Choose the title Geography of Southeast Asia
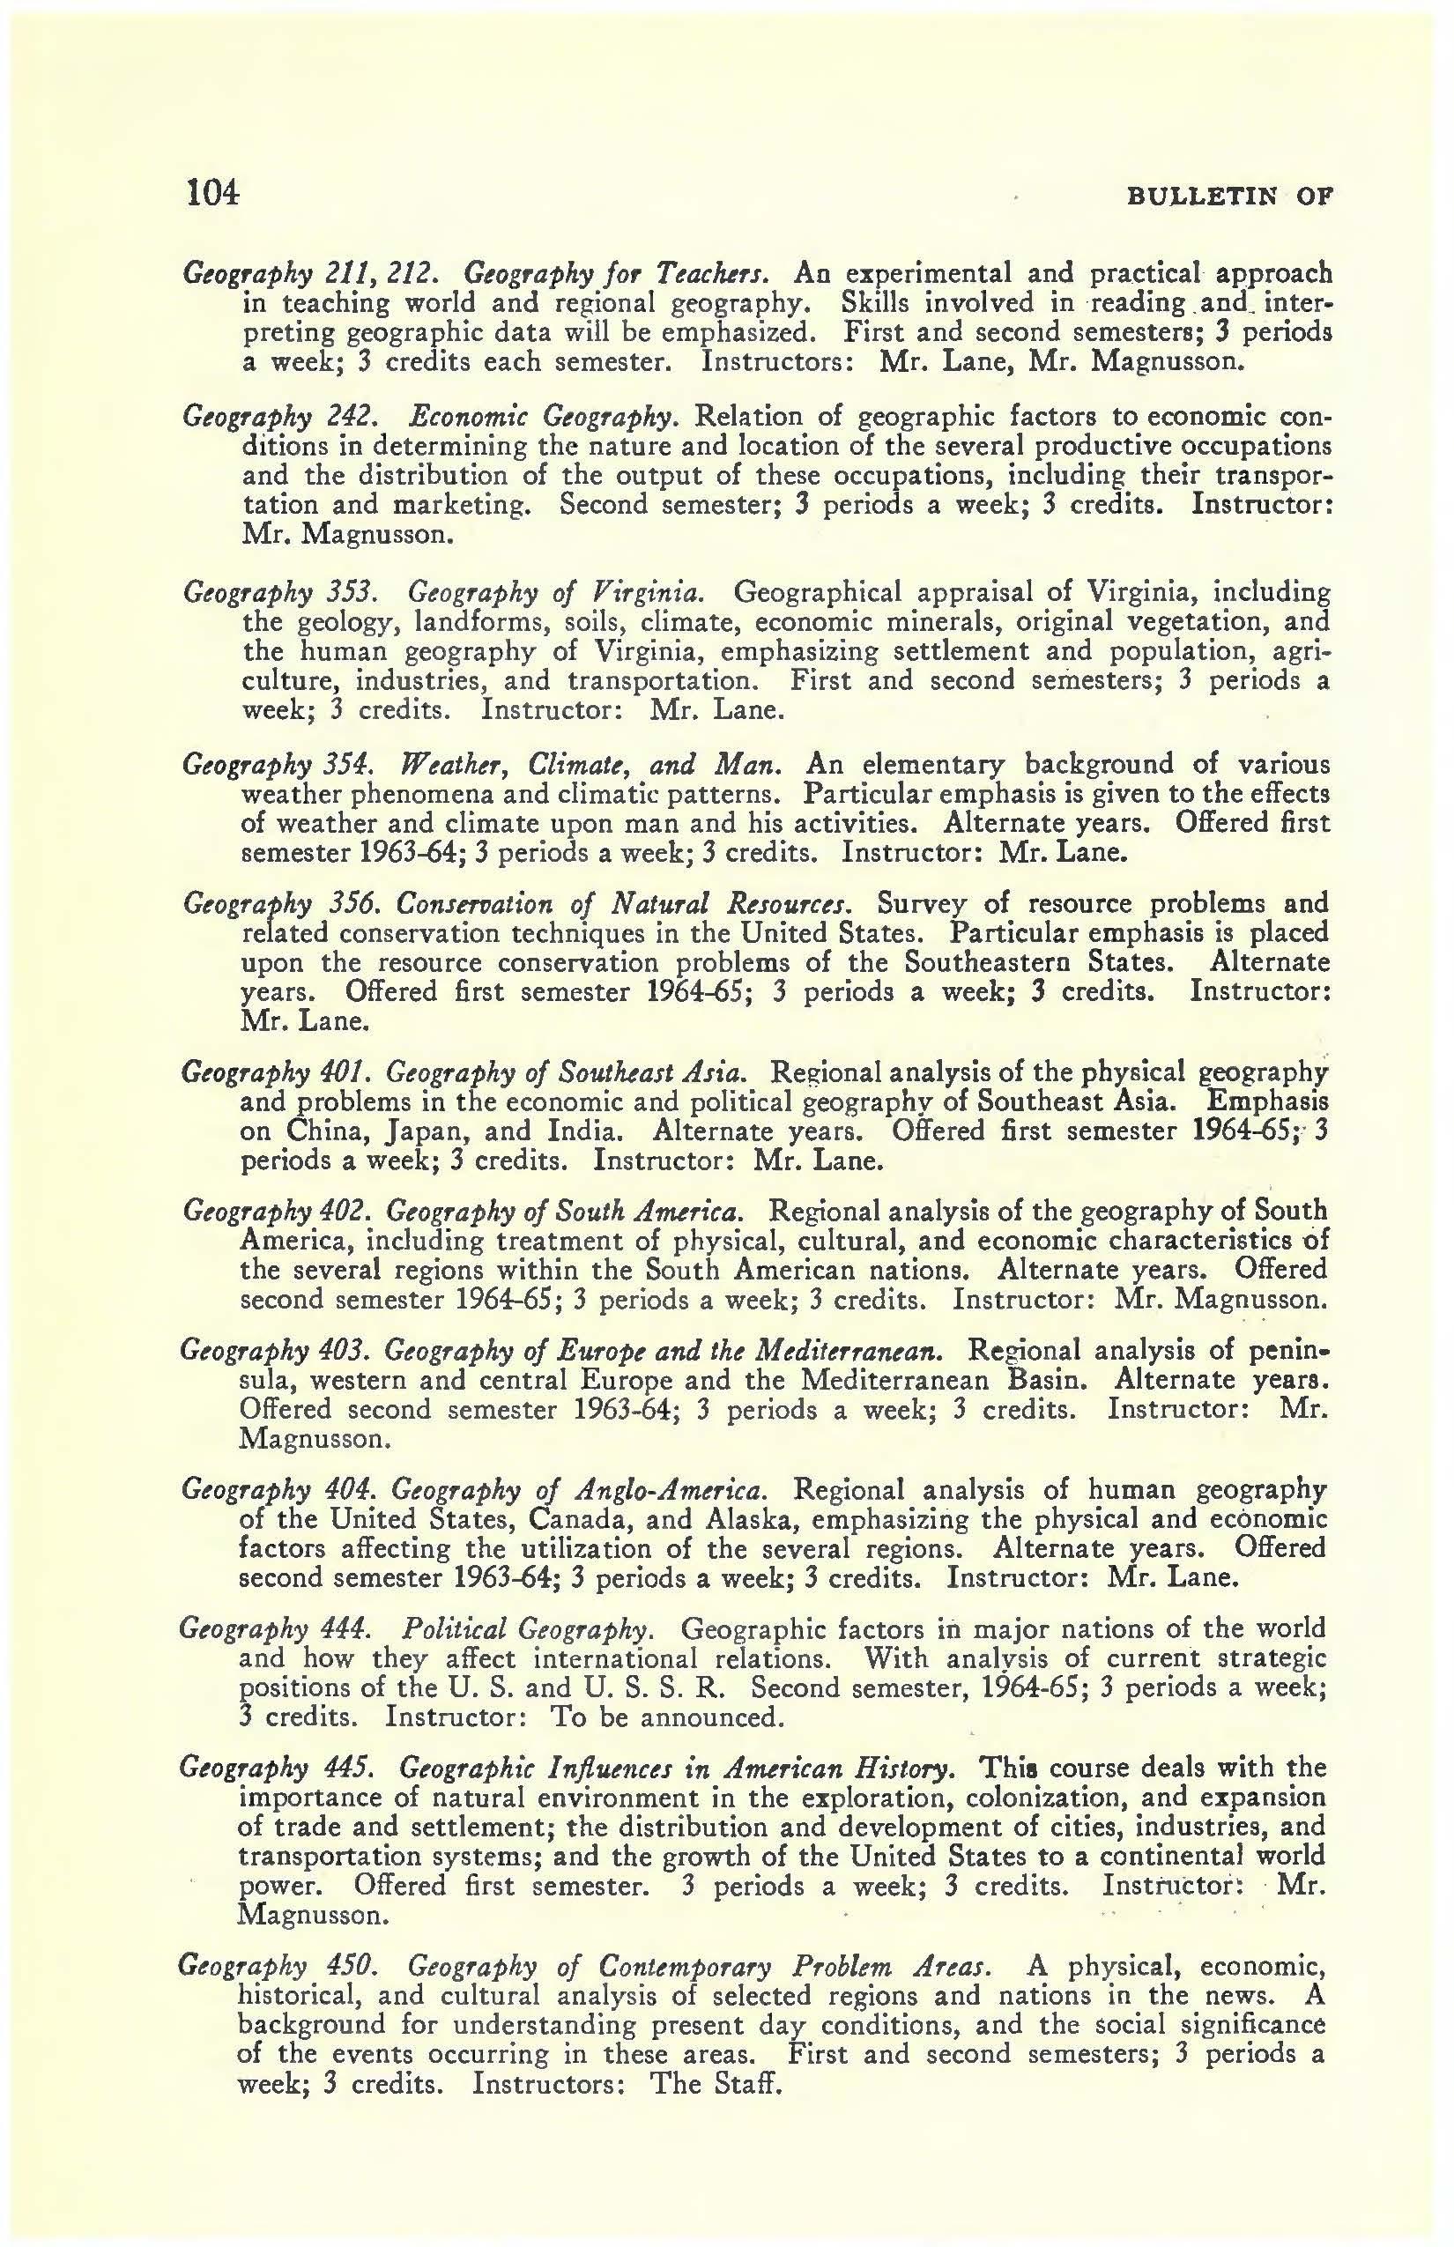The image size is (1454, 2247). click(567, 1072)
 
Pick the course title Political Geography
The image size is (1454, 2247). click(526, 1628)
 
